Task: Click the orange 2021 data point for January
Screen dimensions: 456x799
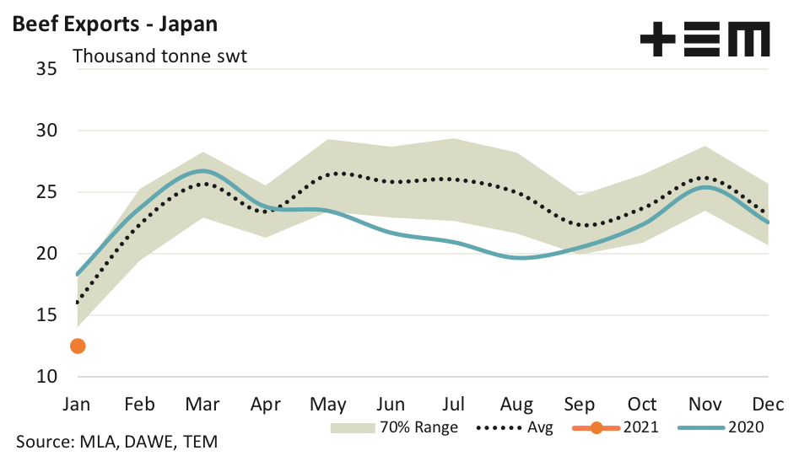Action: (78, 346)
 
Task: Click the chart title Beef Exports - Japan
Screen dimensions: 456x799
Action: (114, 24)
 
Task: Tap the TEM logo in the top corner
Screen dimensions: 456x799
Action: (705, 40)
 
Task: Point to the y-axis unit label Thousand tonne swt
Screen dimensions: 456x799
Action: (159, 57)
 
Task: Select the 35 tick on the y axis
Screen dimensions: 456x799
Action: (46, 69)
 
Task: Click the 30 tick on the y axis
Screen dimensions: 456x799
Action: (46, 131)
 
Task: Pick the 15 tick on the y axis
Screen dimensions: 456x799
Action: (46, 315)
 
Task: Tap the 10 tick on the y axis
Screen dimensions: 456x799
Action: (46, 377)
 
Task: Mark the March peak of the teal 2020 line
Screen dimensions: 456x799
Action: (202, 171)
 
